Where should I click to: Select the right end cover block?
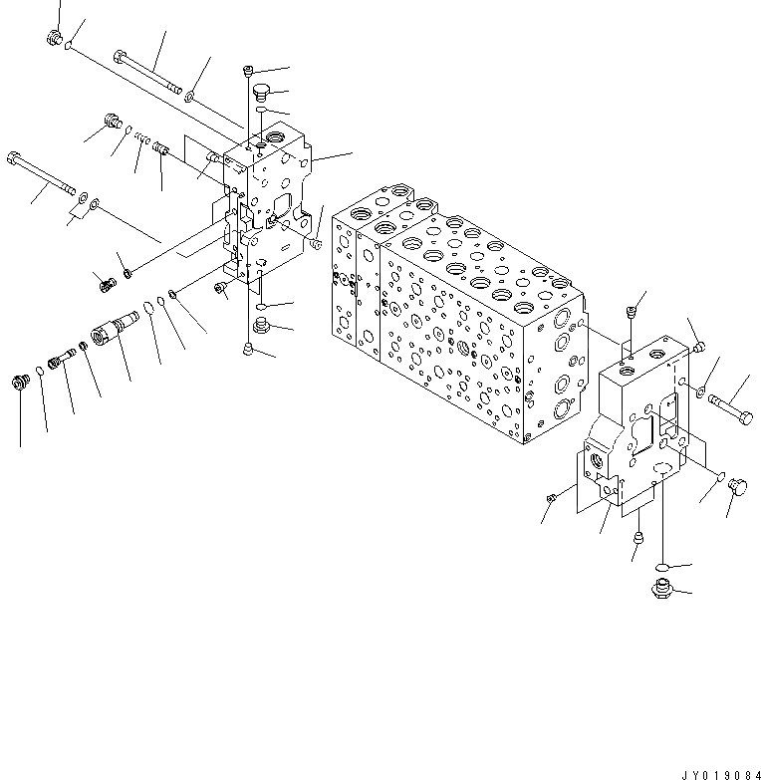[637, 428]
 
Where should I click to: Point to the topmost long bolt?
[149, 73]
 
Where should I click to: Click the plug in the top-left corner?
[54, 39]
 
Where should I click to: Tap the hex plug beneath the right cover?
[659, 587]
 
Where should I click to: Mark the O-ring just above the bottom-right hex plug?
[662, 567]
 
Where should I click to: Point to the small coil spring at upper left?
[143, 140]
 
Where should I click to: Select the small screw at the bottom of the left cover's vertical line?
[248, 348]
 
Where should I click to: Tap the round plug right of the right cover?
[739, 486]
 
